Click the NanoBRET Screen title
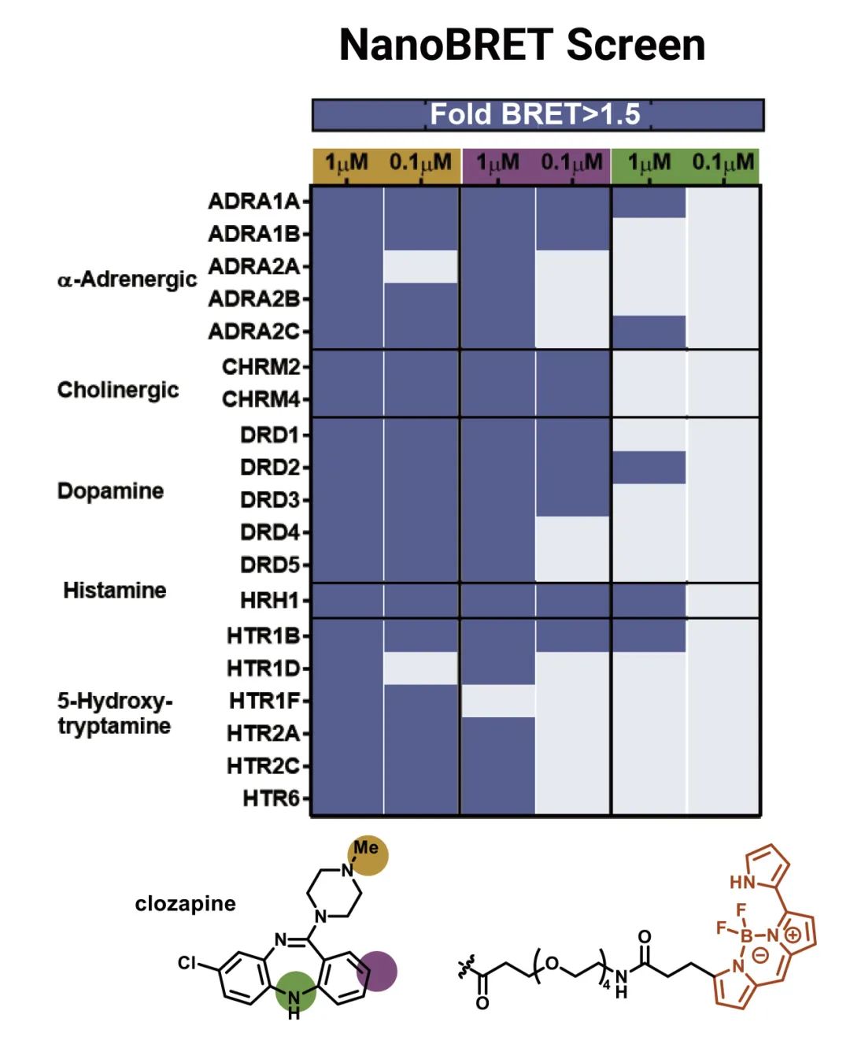522,45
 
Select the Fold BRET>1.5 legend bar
538,115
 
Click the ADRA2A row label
253,267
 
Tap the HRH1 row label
269,601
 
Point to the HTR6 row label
271,798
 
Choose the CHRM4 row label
261,399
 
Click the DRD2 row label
270,467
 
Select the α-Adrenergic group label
127,280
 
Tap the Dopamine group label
110,491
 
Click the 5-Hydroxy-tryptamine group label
114,713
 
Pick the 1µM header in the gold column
346,163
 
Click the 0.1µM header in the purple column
571,163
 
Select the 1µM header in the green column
649,163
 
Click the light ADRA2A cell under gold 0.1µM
420,267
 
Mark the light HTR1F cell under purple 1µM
497,701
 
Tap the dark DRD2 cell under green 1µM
649,467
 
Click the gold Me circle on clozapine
368,855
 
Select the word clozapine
185,903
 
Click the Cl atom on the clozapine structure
187,963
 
